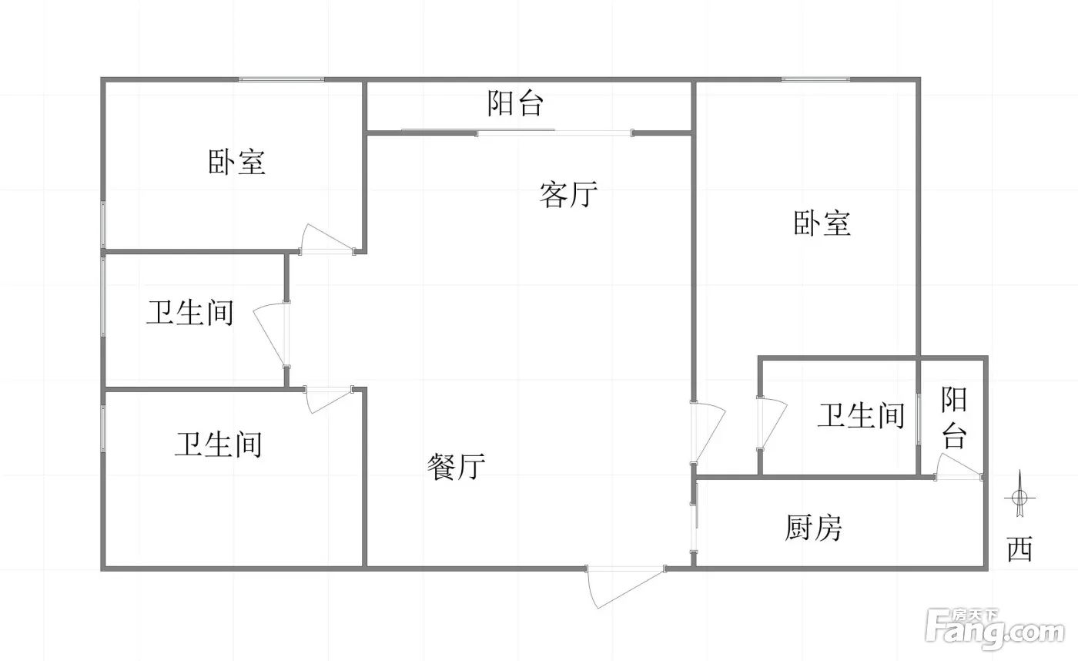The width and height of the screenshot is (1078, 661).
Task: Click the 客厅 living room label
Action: click(568, 194)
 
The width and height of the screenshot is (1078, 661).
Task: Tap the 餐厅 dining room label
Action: click(456, 467)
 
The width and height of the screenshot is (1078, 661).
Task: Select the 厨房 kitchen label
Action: click(813, 528)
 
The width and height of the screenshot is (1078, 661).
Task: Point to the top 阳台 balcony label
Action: click(515, 103)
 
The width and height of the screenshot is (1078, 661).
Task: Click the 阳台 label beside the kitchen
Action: click(954, 418)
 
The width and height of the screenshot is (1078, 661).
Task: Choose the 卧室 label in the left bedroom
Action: click(236, 162)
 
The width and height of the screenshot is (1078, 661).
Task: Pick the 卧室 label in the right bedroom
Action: click(822, 223)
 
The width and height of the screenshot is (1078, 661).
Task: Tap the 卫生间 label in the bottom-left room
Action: click(219, 445)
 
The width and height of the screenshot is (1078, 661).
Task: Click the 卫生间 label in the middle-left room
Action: click(190, 313)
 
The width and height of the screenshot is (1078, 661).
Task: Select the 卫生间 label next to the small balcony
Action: click(862, 415)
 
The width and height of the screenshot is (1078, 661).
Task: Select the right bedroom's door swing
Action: click(708, 432)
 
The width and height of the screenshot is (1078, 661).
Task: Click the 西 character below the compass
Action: click(1019, 549)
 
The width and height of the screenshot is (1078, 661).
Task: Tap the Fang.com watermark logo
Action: click(995, 629)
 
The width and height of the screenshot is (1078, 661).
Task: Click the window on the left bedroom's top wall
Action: click(282, 79)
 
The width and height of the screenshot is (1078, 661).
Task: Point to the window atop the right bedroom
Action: click(815, 79)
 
